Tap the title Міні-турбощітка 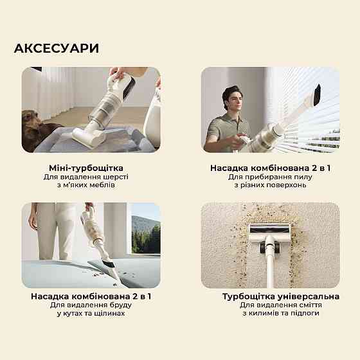pos(91,167)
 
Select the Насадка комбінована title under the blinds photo pos(271,167)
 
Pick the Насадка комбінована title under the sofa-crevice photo pos(91,296)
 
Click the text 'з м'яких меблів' pos(91,185)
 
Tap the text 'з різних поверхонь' pos(271,185)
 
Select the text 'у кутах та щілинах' pos(91,314)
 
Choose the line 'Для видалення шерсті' pos(91,176)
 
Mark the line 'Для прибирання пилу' pos(271,176)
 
